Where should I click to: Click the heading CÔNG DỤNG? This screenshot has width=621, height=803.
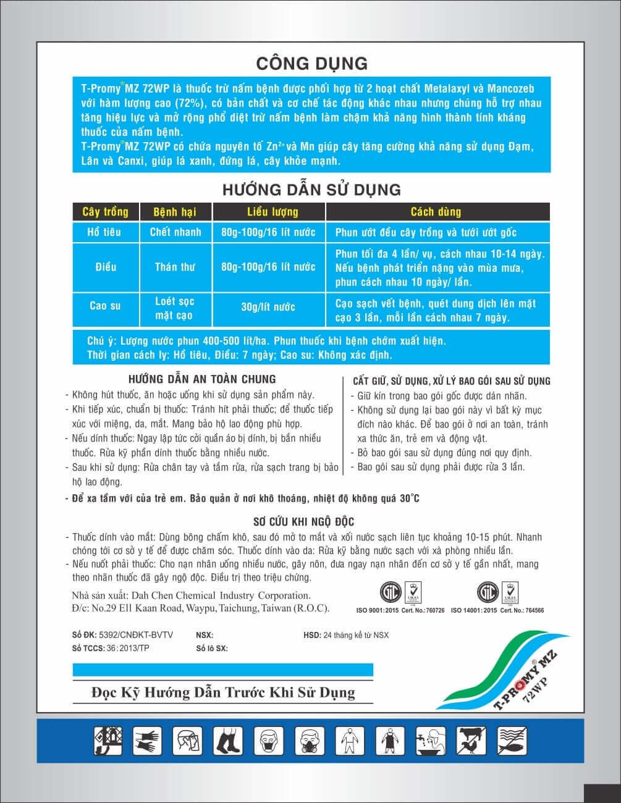(x=311, y=63)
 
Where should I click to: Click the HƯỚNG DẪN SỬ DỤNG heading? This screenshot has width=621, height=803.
(x=311, y=188)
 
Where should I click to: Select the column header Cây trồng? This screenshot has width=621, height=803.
(x=105, y=212)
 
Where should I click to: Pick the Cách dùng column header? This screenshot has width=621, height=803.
(x=436, y=212)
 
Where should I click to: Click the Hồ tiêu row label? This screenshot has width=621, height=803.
(x=105, y=232)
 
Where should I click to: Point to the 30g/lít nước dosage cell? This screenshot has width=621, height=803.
(x=268, y=307)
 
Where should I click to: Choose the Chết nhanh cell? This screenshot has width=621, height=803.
(x=175, y=232)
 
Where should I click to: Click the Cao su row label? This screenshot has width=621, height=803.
(x=105, y=306)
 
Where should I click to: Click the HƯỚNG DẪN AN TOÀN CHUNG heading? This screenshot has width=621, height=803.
(x=202, y=379)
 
